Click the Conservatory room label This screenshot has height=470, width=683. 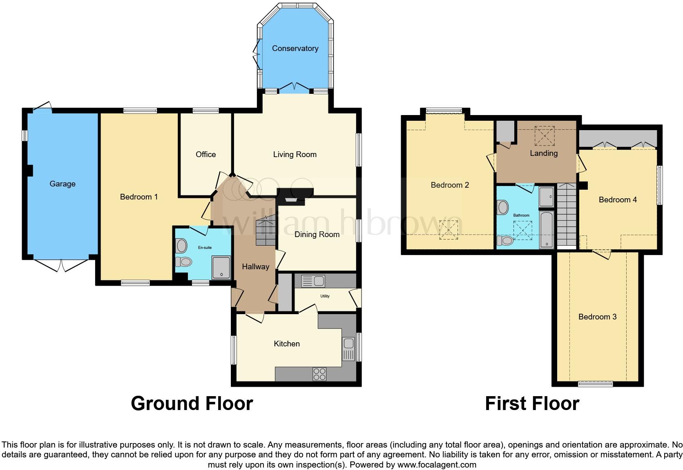click(x=295, y=49)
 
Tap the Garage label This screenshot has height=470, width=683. click(x=62, y=184)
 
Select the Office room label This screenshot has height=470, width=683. click(x=205, y=155)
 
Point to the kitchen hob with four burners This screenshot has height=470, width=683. click(x=319, y=374)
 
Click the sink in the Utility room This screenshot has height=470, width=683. click(x=313, y=281)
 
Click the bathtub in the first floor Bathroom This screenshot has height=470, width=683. click(x=546, y=230)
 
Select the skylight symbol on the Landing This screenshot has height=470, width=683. click(x=545, y=136)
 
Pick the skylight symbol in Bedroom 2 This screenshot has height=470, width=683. click(x=448, y=230)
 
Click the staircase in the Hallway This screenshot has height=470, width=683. click(x=266, y=232)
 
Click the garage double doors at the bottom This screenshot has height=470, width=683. click(x=61, y=265)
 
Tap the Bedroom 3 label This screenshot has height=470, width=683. click(x=597, y=317)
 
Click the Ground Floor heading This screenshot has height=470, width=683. click(x=192, y=403)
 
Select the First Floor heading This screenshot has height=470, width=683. click(x=532, y=403)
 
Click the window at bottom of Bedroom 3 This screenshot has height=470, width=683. click(x=595, y=384)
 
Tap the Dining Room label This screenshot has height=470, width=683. click(x=317, y=235)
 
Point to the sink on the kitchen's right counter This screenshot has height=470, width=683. click(x=348, y=349)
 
